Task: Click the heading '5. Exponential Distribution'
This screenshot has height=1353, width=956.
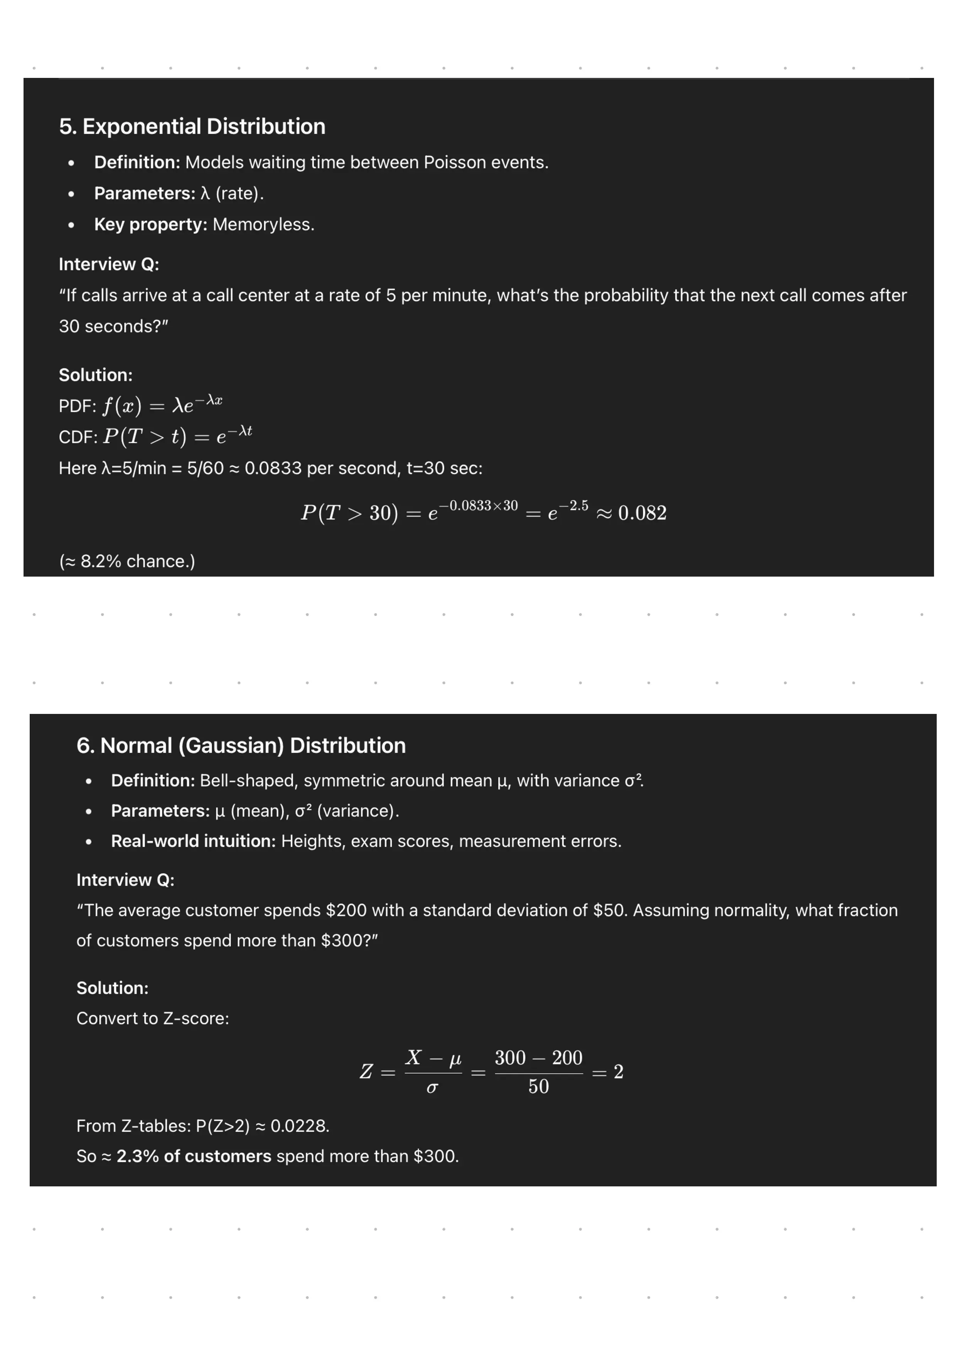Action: (192, 127)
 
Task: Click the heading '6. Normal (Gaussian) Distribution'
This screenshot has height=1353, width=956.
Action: (241, 746)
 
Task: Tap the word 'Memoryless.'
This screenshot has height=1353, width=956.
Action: (263, 224)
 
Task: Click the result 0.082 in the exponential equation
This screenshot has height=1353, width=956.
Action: (642, 513)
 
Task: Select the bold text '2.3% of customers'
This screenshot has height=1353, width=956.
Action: (194, 1156)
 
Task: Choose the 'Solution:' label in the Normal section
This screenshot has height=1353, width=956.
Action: (113, 988)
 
